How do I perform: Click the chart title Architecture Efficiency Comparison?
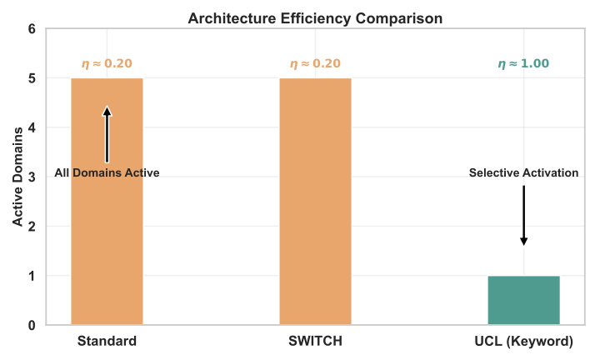coord(315,17)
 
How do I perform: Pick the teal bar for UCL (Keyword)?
coord(523,300)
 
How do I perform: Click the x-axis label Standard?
coord(107,341)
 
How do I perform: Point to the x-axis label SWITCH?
coord(315,341)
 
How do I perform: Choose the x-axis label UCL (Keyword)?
coord(523,341)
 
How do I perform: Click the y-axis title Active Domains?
coord(17,177)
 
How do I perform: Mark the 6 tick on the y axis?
coord(32,29)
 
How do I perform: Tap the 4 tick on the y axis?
coord(32,127)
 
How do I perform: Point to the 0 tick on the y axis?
coord(32,325)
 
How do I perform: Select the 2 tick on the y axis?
coord(32,227)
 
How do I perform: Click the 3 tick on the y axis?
coord(32,177)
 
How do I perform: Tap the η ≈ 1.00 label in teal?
coord(523,63)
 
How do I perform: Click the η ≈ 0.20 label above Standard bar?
coord(107,63)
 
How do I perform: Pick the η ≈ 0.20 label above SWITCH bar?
coord(315,63)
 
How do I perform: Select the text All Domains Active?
coord(107,173)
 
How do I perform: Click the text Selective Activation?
coord(523,173)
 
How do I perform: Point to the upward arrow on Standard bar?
coord(107,133)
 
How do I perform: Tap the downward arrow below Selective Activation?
coord(523,215)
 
